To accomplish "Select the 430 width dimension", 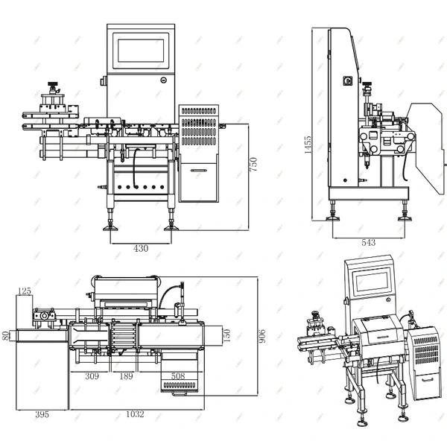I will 140,248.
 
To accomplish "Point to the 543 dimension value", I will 367,243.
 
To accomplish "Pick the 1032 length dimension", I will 134,414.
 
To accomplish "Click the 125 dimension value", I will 25,291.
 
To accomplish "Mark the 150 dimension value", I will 227,336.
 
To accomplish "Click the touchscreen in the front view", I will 140,49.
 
